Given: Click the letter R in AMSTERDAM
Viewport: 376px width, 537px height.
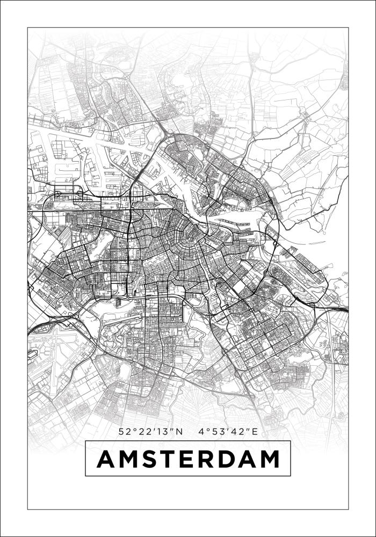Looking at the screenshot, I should pyautogui.click(x=205, y=459).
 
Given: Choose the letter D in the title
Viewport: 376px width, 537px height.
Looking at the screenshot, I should pyautogui.click(x=226, y=459).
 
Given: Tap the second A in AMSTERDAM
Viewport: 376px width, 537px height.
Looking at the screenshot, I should pyautogui.click(x=247, y=459).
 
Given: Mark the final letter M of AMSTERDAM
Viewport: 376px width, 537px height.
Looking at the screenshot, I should pyautogui.click(x=269, y=459).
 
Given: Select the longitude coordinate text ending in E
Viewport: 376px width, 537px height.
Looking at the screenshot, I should pyautogui.click(x=228, y=431).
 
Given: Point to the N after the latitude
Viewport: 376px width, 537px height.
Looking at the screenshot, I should pyautogui.click(x=180, y=431).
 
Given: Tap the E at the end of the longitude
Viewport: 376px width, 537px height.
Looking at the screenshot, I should pyautogui.click(x=255, y=431).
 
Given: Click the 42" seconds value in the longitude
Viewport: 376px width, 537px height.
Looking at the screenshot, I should pyautogui.click(x=240, y=431).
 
